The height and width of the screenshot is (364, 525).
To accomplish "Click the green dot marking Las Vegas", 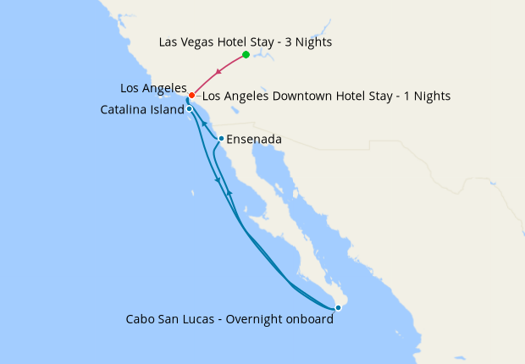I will (x=246, y=55).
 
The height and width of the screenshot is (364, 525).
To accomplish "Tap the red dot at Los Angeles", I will (x=192, y=95).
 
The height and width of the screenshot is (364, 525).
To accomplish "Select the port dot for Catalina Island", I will (x=190, y=109).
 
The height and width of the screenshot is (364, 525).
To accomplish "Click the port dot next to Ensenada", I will (x=221, y=139).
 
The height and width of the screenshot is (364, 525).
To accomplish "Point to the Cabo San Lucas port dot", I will (x=338, y=308).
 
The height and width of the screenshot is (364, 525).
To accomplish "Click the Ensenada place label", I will (x=254, y=139).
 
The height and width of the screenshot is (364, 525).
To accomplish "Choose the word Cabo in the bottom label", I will (x=140, y=319).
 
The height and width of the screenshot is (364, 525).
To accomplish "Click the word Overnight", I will (x=249, y=319).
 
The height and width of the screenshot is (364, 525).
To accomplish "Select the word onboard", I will (x=308, y=319).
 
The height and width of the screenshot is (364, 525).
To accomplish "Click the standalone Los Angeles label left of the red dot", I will (x=153, y=88).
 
